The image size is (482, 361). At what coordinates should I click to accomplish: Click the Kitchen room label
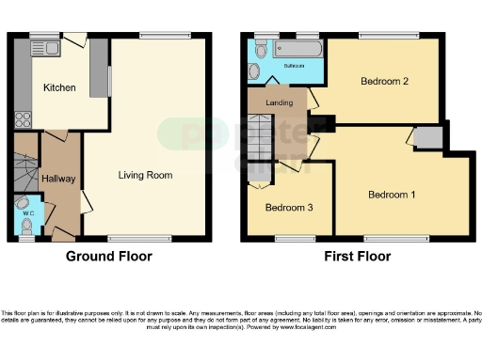pyautogui.click(x=58, y=87)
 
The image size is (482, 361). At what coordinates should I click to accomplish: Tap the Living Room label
pyautogui.click(x=145, y=175)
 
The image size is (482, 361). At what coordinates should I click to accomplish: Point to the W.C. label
pyautogui.click(x=28, y=214)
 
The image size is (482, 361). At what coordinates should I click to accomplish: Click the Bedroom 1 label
pyautogui.click(x=391, y=196)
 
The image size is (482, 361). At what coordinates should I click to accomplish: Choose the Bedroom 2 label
pyautogui.click(x=383, y=82)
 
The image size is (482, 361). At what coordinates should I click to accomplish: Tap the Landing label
pyautogui.click(x=277, y=102)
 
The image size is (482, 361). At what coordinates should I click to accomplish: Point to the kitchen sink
pyautogui.click(x=43, y=47)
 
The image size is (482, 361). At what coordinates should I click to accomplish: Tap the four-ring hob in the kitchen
pyautogui.click(x=22, y=119)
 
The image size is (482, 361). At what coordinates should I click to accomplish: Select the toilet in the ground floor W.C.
pyautogui.click(x=24, y=204)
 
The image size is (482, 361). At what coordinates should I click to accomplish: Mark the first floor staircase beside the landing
pyautogui.click(x=260, y=137)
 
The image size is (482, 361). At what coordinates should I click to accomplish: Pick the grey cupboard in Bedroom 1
pyautogui.click(x=428, y=138)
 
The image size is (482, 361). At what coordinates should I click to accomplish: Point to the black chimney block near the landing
pyautogui.click(x=325, y=122)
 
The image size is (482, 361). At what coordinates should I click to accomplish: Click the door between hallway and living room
pyautogui.click(x=85, y=200)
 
